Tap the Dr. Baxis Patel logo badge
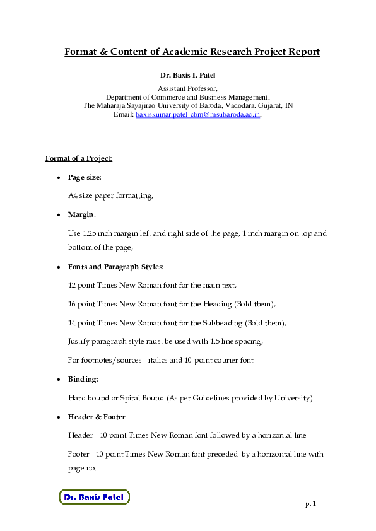point(94,497)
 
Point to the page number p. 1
point(310,504)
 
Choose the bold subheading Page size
point(85,178)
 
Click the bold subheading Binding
point(83,380)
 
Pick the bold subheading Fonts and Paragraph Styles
point(116,267)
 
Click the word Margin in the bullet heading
point(81,215)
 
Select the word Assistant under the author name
point(173,89)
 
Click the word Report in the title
point(302,52)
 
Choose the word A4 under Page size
point(73,196)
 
